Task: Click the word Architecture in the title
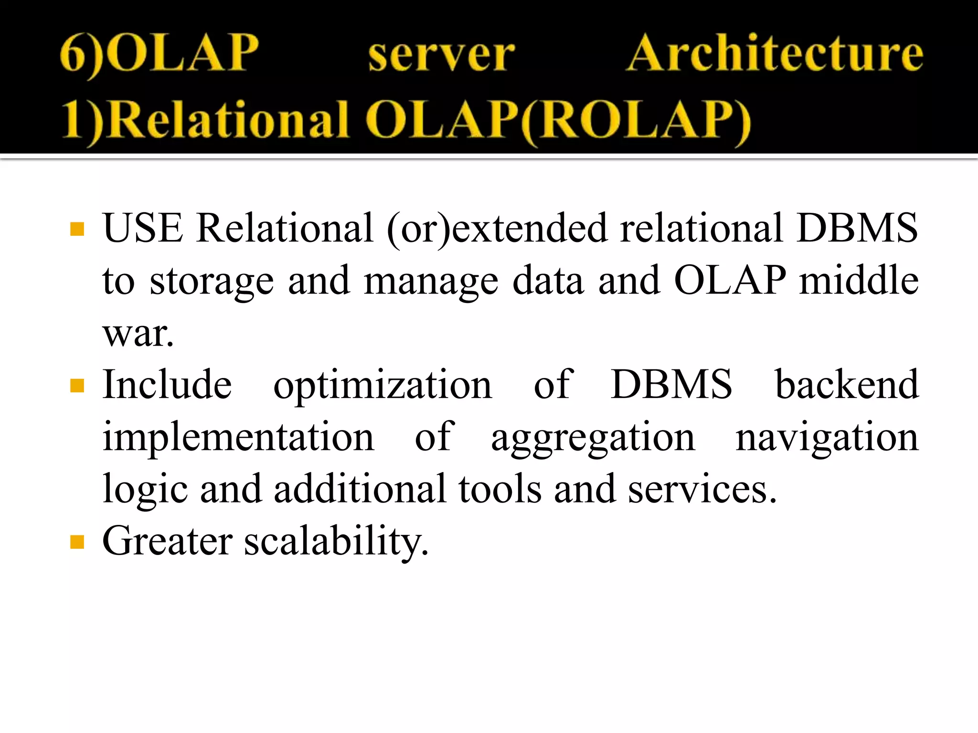click(x=775, y=53)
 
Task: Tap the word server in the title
click(x=441, y=55)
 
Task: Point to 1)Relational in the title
click(x=205, y=119)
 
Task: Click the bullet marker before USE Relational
click(x=77, y=229)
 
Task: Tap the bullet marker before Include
click(x=77, y=386)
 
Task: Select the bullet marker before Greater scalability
click(x=77, y=542)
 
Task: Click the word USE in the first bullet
click(x=143, y=228)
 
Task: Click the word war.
click(x=138, y=333)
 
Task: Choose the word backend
click(x=846, y=385)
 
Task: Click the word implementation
click(x=238, y=437)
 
